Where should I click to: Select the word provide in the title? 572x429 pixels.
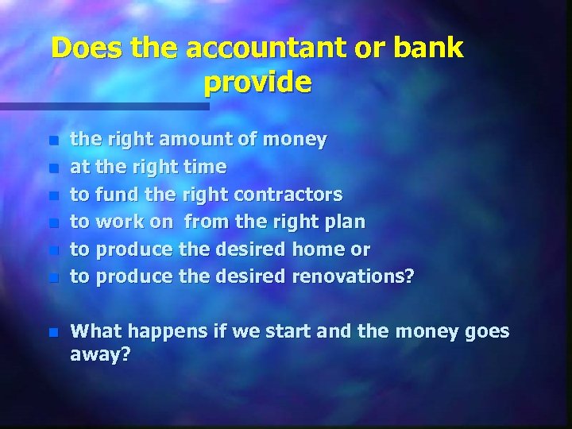coord(257,82)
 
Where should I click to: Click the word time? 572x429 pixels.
coord(206,168)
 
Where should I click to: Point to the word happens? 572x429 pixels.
coord(162,332)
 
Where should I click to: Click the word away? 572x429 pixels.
coord(99,355)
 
